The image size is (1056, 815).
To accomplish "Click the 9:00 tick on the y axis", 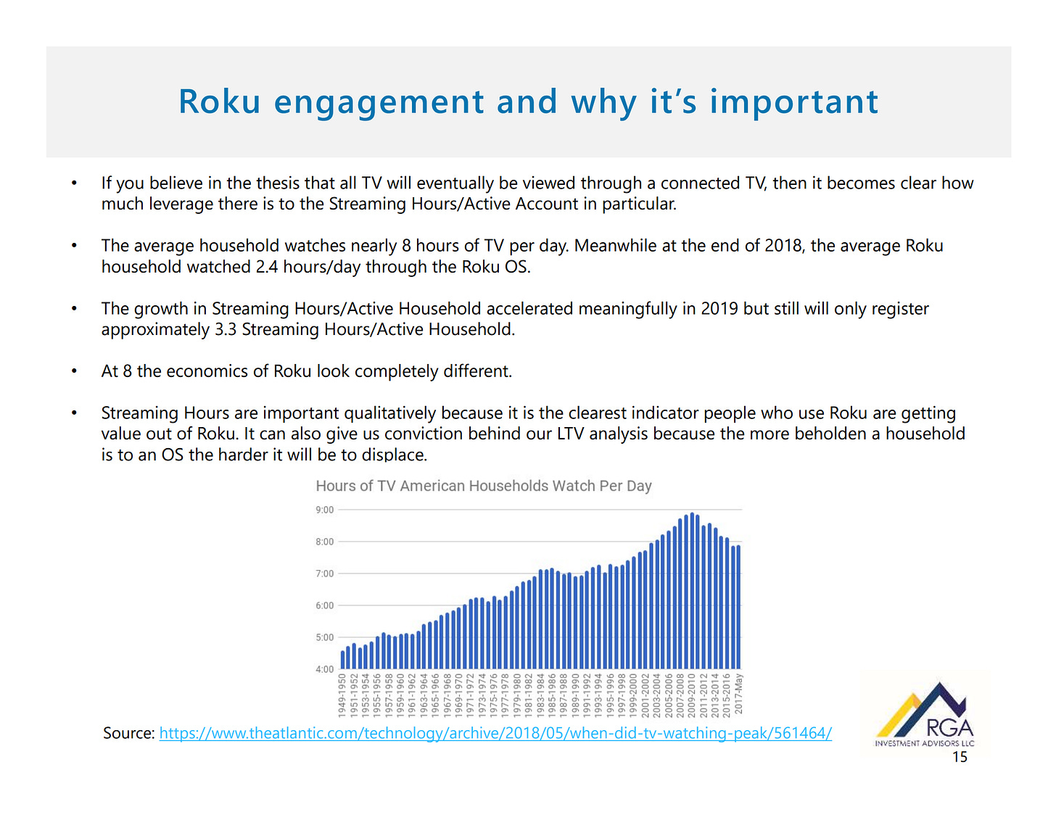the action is [x=324, y=510].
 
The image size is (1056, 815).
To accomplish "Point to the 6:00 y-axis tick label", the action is [x=324, y=605].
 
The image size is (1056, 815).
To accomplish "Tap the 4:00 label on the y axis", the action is [x=324, y=669].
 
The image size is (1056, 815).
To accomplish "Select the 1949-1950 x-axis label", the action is [x=342, y=695].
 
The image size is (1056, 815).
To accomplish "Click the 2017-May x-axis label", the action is [x=738, y=694].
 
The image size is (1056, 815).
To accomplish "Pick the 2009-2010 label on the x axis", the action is [x=691, y=695].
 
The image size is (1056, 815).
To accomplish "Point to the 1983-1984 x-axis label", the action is [x=540, y=695].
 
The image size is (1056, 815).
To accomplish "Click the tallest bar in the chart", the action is [x=692, y=591].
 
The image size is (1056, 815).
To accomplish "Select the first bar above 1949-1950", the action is [x=342, y=660].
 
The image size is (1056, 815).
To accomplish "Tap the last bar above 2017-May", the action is [x=738, y=607].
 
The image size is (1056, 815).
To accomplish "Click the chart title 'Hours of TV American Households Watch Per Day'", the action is [x=484, y=486].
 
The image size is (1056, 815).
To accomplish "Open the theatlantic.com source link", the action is [x=495, y=733].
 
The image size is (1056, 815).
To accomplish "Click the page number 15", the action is [x=960, y=757].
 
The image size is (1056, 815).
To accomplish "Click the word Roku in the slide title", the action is [x=219, y=102].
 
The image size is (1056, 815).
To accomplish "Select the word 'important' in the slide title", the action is [x=794, y=102].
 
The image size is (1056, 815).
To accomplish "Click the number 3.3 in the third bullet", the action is [x=226, y=329].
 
